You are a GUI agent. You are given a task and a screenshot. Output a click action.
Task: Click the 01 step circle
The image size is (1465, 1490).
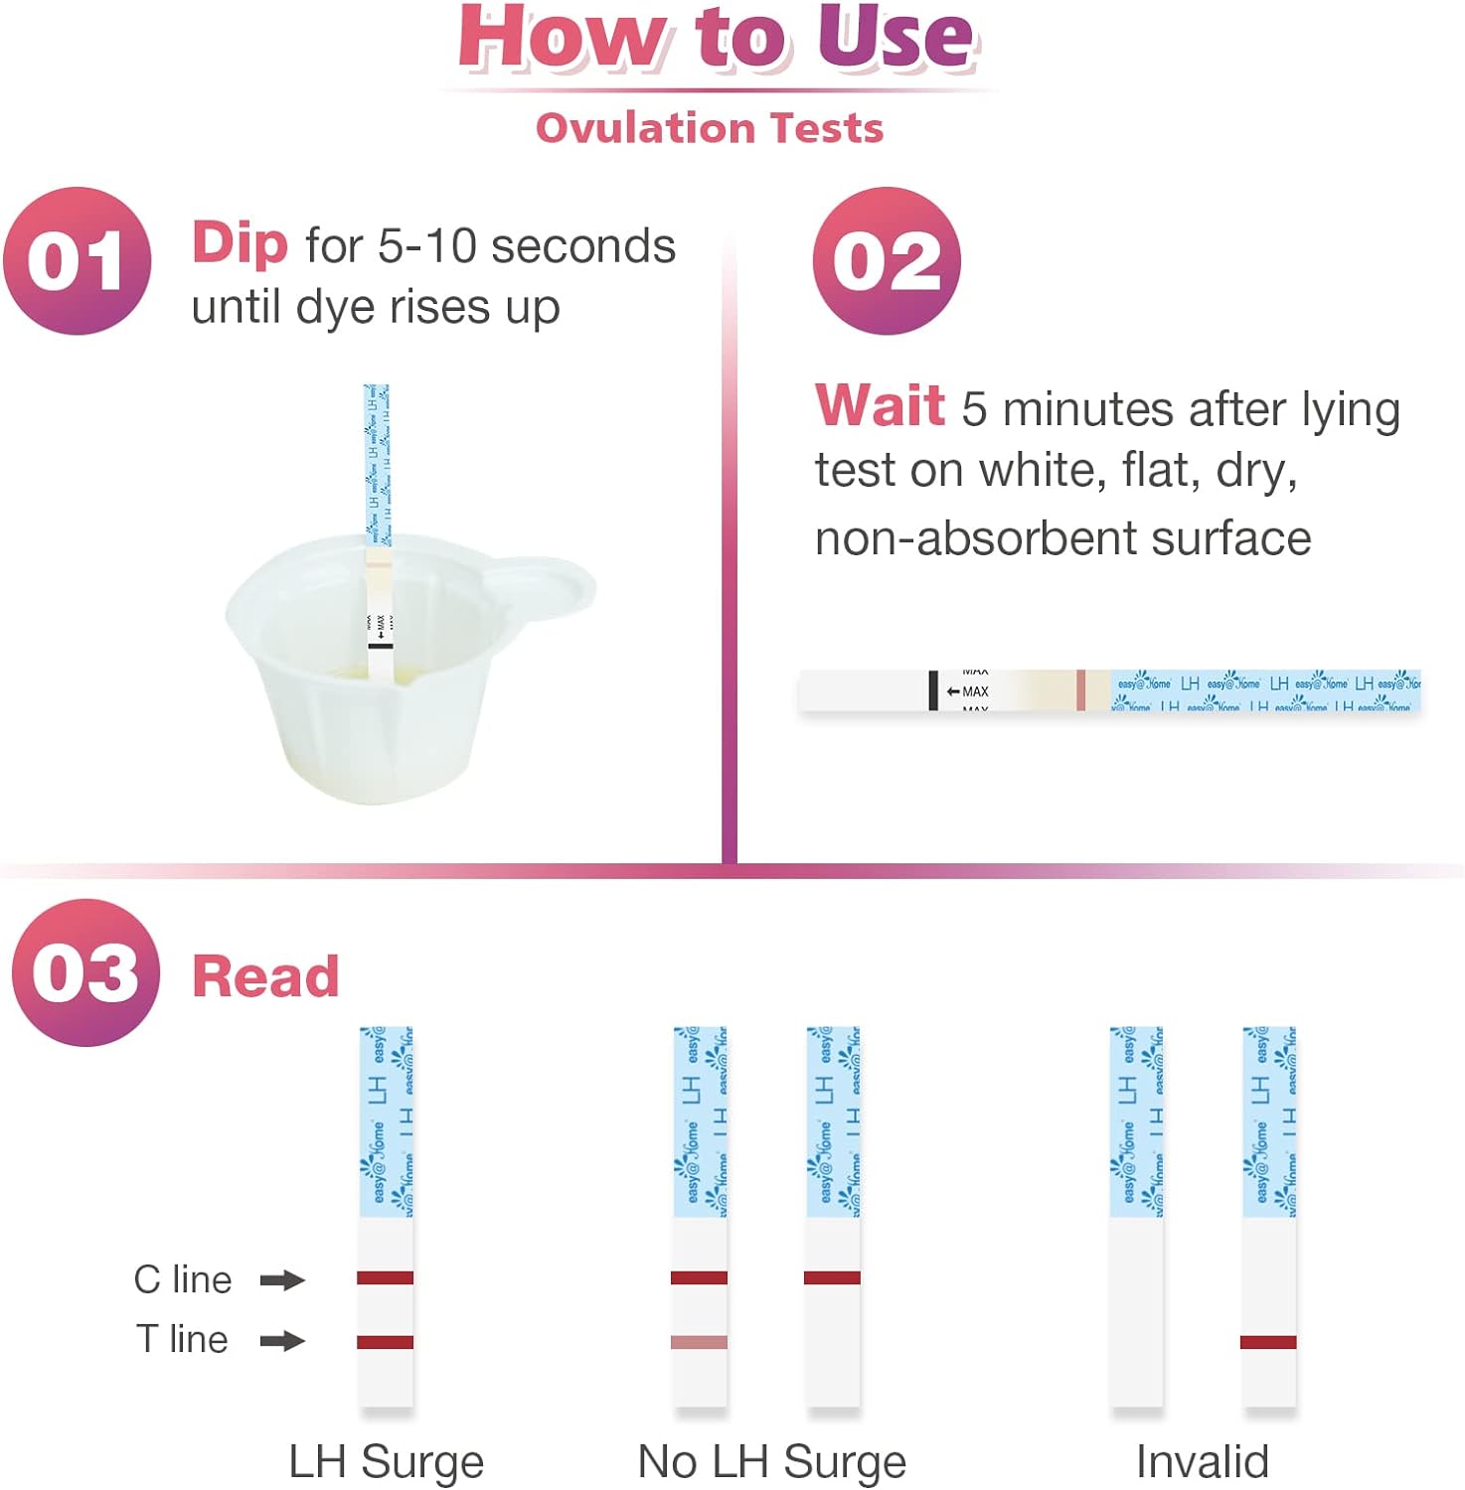pyautogui.click(x=78, y=261)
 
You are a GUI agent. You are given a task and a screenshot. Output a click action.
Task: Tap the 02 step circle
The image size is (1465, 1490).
pyautogui.click(x=887, y=261)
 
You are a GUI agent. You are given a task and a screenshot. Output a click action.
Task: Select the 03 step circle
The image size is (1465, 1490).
pyautogui.click(x=85, y=972)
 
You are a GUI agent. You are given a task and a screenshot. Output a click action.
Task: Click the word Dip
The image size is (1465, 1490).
pyautogui.click(x=240, y=243)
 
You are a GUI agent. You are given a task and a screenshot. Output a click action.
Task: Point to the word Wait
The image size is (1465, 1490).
pyautogui.click(x=880, y=405)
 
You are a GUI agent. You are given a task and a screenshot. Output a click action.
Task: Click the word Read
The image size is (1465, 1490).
pyautogui.click(x=265, y=975)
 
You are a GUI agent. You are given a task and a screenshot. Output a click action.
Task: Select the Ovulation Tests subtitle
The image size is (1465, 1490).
pyautogui.click(x=710, y=128)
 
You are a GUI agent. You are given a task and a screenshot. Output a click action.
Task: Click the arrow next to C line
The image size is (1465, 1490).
pyautogui.click(x=282, y=1279)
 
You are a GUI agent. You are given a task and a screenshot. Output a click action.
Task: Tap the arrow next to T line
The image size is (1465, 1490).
pyautogui.click(x=282, y=1341)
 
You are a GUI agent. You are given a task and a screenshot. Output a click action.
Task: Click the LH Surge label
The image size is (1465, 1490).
pyautogui.click(x=386, y=1462)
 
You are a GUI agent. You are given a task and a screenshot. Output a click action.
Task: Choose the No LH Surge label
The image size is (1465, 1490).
pyautogui.click(x=772, y=1462)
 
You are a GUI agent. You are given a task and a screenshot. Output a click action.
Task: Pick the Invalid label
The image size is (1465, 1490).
pyautogui.click(x=1203, y=1462)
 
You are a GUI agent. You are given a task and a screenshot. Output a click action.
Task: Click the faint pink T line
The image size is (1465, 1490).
pyautogui.click(x=699, y=1342)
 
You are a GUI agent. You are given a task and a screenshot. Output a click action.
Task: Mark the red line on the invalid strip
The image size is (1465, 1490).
pyautogui.click(x=1268, y=1342)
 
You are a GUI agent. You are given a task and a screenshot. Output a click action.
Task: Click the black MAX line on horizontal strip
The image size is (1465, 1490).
pyautogui.click(x=933, y=690)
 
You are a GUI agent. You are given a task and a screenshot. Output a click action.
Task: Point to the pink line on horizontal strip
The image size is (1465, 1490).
pyautogui.click(x=1080, y=690)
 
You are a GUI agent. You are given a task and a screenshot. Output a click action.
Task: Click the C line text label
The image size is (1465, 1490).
pyautogui.click(x=183, y=1279)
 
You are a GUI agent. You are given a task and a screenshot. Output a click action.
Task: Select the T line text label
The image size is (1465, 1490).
pyautogui.click(x=183, y=1340)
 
